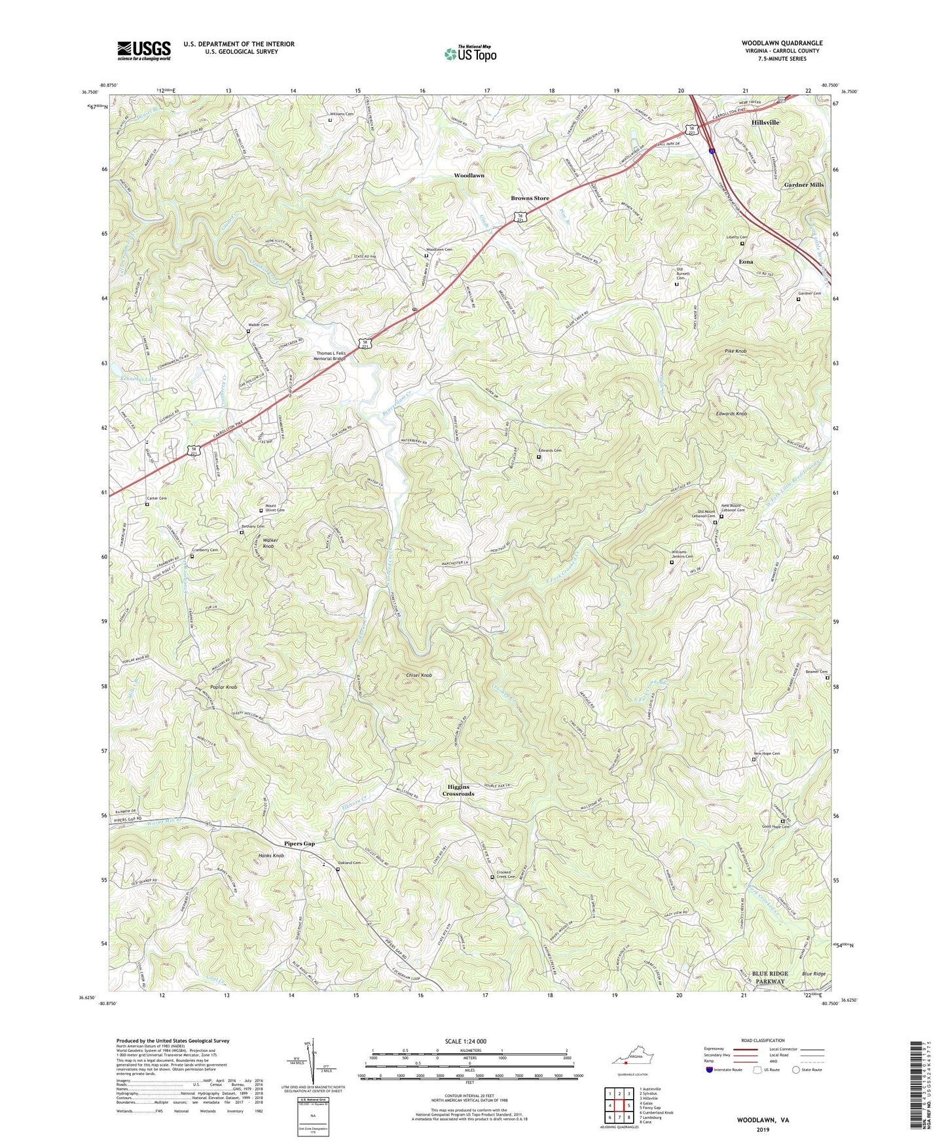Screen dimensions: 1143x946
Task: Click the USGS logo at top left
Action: pos(144,50)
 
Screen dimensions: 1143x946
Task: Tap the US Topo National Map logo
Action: pos(470,53)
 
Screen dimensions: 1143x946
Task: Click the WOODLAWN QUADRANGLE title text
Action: pos(782,43)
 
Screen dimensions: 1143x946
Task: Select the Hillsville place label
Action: pos(765,122)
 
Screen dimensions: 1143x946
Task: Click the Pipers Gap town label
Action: pos(299,843)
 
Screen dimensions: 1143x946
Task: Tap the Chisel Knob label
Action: pos(419,675)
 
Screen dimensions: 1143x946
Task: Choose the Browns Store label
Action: pos(530,198)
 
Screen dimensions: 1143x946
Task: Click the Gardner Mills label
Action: pos(803,185)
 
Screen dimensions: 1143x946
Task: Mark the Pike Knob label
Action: pos(735,351)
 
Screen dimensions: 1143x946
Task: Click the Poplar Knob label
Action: pos(223,687)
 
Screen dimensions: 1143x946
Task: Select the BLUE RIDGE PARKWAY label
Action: pos(770,977)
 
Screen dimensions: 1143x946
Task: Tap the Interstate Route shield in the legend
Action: pos(710,1070)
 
